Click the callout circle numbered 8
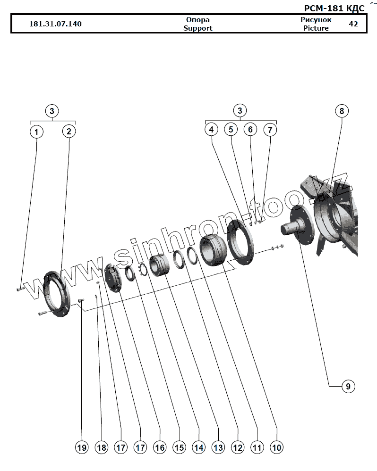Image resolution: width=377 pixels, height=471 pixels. [x=341, y=111]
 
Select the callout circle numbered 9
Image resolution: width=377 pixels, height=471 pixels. [x=347, y=387]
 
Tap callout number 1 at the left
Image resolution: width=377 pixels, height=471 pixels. [x=36, y=131]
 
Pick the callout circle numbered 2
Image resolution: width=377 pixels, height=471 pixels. [x=69, y=131]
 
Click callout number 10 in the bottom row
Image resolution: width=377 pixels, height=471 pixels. [x=277, y=447]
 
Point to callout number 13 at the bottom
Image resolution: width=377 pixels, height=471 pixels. [x=218, y=447]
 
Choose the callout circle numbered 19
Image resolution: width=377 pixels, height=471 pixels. [x=82, y=447]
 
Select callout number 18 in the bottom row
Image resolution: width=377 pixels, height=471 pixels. [x=101, y=447]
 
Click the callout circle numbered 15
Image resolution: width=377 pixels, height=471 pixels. [x=179, y=447]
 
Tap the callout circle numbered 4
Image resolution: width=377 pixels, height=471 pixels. [x=211, y=130]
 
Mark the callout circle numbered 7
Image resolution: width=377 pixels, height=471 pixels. [x=269, y=130]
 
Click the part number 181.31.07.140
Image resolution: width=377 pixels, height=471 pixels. [x=55, y=24]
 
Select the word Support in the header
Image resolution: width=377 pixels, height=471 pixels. [x=197, y=28]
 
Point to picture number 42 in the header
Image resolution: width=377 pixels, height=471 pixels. [x=353, y=24]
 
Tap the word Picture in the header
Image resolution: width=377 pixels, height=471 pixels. [x=316, y=28]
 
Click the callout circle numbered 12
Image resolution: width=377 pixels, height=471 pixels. [x=237, y=447]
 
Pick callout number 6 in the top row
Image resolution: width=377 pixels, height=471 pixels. [x=250, y=130]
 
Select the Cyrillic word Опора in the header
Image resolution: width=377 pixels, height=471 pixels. [x=197, y=20]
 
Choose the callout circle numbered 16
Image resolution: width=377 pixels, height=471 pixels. [x=160, y=447]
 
